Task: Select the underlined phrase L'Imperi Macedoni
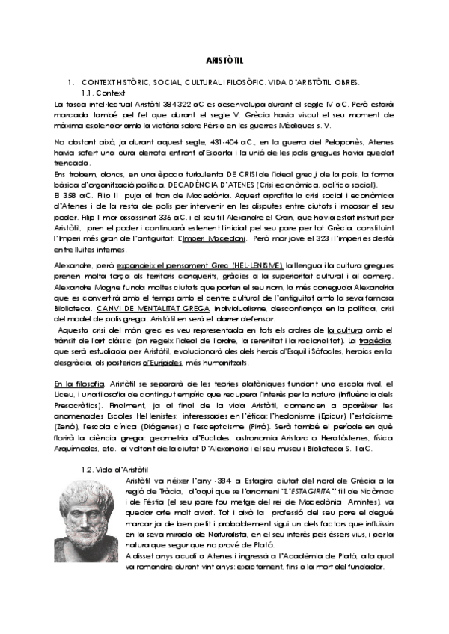pos(213,238)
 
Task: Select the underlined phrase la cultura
pos(344,330)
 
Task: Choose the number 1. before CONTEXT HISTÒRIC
pos(70,81)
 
